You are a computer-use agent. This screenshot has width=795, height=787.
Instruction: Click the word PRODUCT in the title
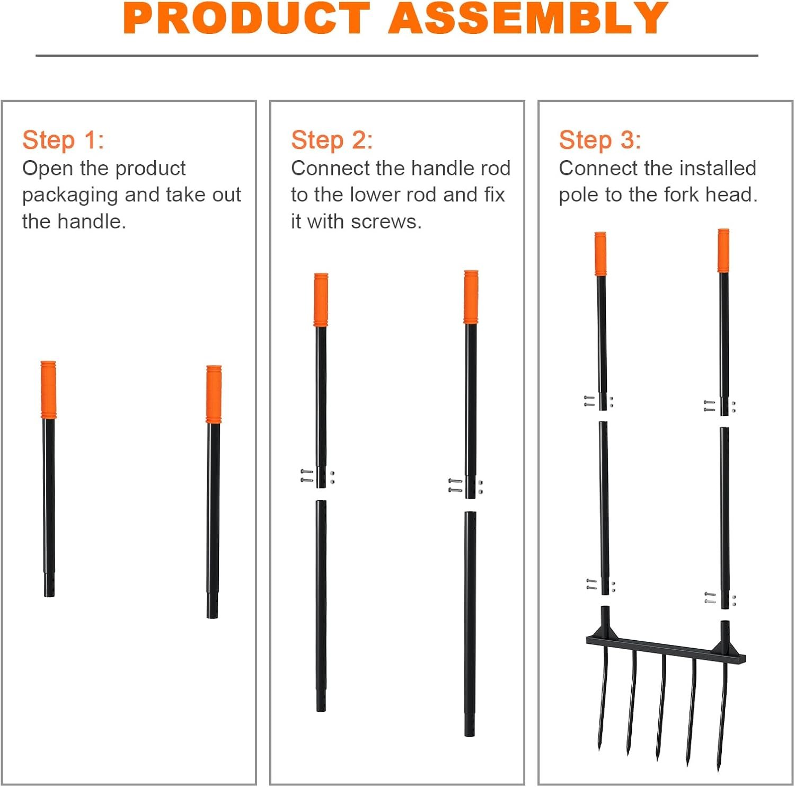click(x=246, y=18)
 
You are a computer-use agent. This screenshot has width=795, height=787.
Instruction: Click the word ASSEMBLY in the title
click(x=528, y=18)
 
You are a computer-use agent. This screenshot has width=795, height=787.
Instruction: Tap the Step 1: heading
click(x=63, y=140)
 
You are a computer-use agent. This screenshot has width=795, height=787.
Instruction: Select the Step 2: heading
click(x=332, y=140)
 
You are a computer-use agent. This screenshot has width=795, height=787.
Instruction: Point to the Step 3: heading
click(x=600, y=140)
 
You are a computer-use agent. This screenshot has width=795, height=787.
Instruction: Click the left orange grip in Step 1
click(x=48, y=390)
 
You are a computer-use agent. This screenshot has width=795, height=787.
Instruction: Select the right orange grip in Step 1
click(x=214, y=394)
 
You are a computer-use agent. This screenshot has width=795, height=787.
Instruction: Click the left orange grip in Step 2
click(x=321, y=299)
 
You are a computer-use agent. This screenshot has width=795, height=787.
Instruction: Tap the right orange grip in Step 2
click(x=471, y=297)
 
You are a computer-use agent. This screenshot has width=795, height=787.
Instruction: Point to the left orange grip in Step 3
click(x=600, y=253)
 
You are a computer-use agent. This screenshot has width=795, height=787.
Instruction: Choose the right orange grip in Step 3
click(x=723, y=251)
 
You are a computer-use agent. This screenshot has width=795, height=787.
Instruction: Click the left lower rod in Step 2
click(x=321, y=606)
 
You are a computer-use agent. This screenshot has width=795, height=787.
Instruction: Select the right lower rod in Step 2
click(x=470, y=624)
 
